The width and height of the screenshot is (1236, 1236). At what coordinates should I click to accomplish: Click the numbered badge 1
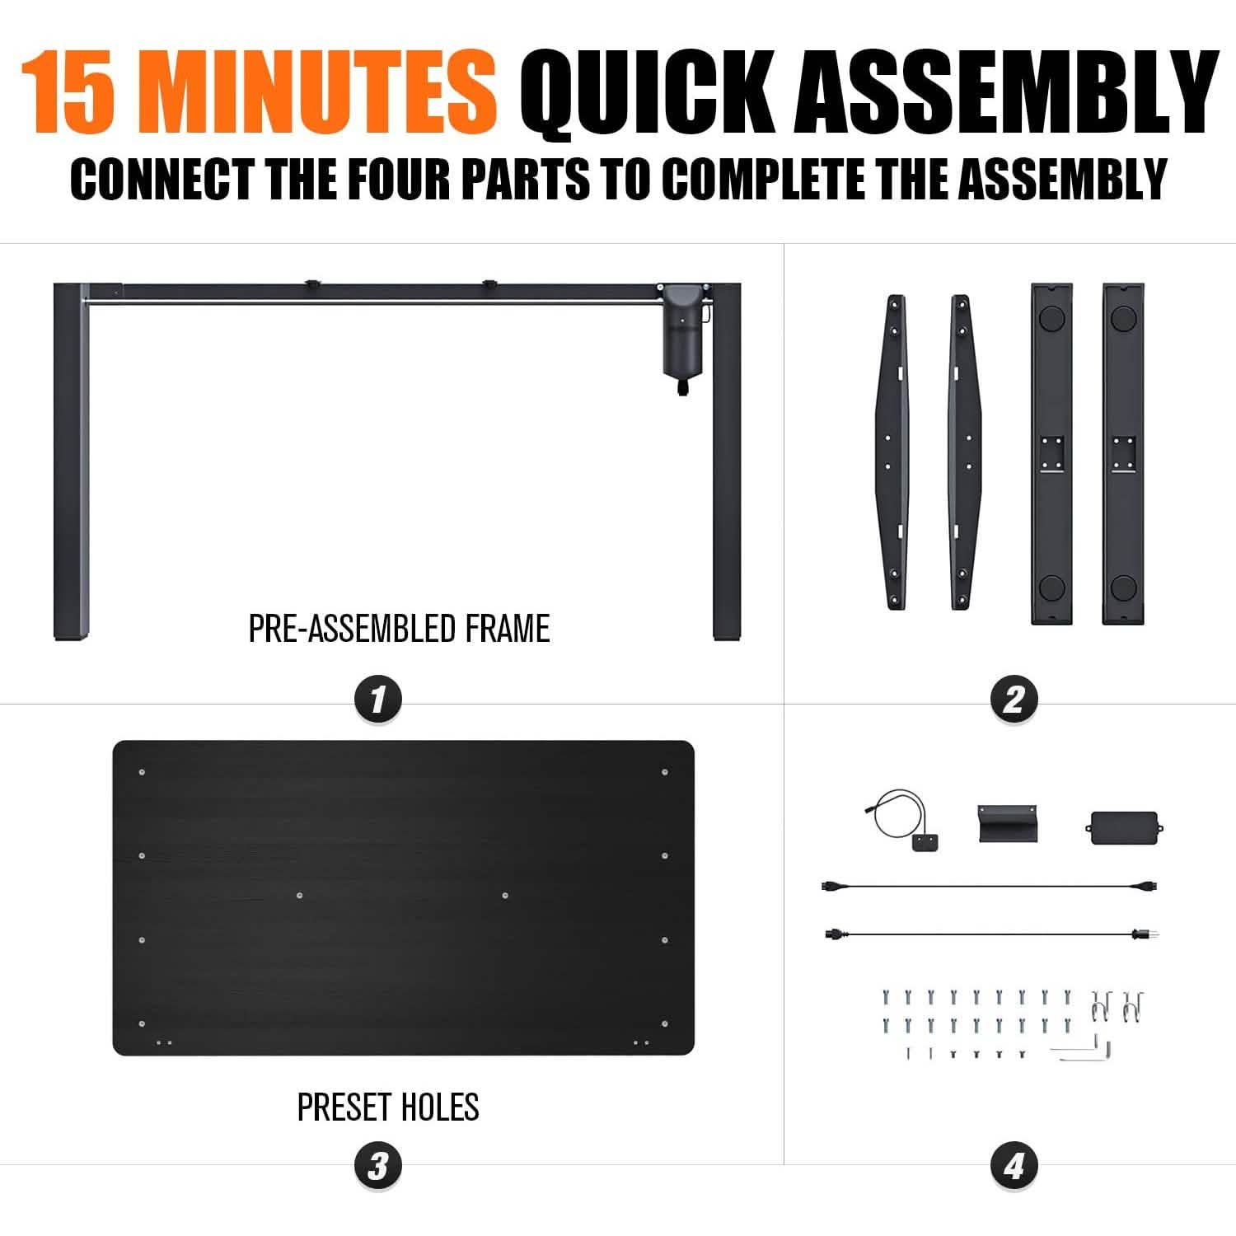377,700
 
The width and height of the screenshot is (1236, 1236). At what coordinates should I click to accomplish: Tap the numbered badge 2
1013,700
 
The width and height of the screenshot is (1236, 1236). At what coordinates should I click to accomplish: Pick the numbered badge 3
377,1165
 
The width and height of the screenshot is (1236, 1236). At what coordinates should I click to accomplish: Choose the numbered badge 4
1013,1165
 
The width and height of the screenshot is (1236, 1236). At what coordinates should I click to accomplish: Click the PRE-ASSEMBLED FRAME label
399,629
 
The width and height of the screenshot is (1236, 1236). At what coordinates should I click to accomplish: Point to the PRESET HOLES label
388,1107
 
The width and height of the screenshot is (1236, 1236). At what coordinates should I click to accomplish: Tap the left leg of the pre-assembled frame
69,461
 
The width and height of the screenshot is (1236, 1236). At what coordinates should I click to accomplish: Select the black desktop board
403,898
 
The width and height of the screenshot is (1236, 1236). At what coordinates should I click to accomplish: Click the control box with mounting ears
1124,826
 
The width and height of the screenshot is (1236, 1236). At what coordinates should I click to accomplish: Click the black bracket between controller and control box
1007,823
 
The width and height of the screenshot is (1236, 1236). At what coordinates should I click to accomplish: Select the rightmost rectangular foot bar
1124,453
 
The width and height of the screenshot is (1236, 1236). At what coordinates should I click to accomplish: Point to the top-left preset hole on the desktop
143,772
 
